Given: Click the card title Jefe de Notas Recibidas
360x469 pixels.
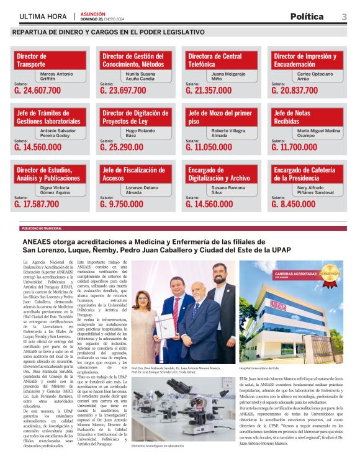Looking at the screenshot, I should (x=292, y=117).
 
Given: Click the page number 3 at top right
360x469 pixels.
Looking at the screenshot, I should (x=344, y=16).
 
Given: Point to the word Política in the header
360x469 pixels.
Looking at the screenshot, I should (x=307, y=16).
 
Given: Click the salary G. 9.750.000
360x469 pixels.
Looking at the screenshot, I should (x=122, y=203).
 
